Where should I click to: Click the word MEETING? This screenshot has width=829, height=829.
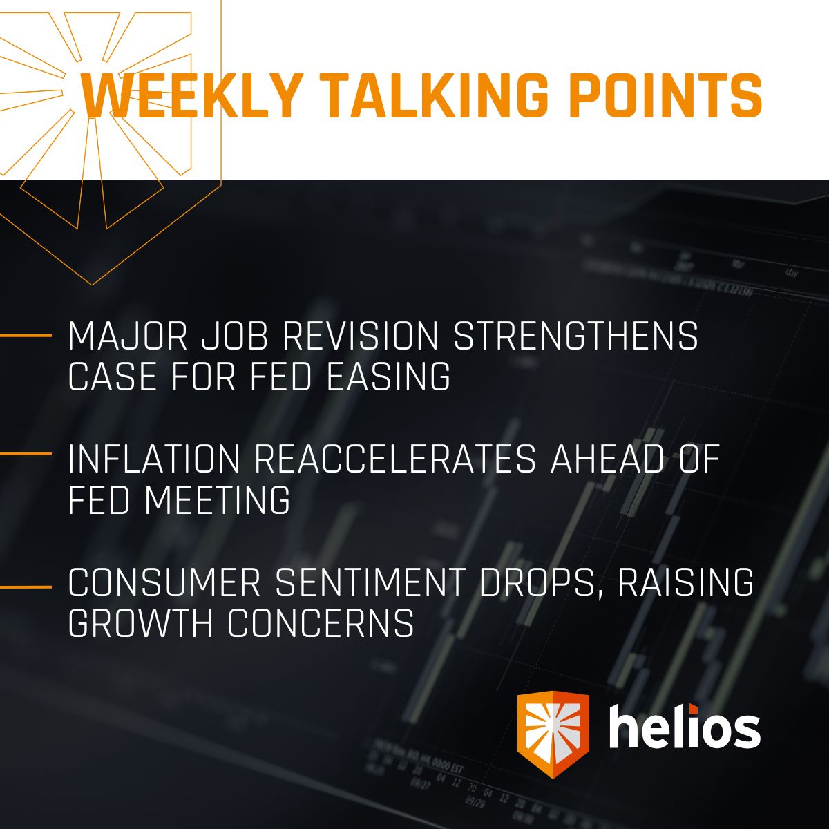[x=218, y=500]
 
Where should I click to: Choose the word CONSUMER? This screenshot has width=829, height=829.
[x=164, y=583]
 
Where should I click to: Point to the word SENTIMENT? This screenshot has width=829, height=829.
[x=370, y=583]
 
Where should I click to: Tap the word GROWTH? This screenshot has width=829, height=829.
[x=142, y=623]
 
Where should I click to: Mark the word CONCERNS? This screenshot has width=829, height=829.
[x=321, y=623]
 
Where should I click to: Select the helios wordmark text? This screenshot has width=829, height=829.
[x=685, y=727]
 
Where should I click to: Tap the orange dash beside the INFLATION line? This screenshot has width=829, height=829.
[x=26, y=454]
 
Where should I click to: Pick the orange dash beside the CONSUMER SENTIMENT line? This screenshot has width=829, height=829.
[x=26, y=587]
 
